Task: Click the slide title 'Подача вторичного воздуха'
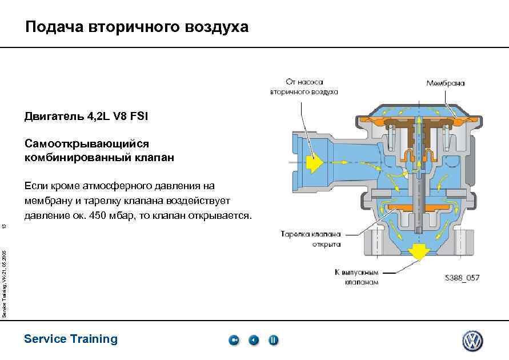tap(137, 27)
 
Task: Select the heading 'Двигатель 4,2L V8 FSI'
tap(86, 117)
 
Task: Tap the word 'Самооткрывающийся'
tap(86, 144)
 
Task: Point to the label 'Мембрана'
tap(446, 83)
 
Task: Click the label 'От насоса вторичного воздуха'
tap(304, 87)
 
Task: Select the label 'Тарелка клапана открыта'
tap(311, 239)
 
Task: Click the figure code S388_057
tap(462, 278)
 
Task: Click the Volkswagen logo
tap(472, 341)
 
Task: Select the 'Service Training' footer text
tap(71, 339)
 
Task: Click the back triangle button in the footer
tap(254, 341)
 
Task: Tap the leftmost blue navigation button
tap(234, 341)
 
